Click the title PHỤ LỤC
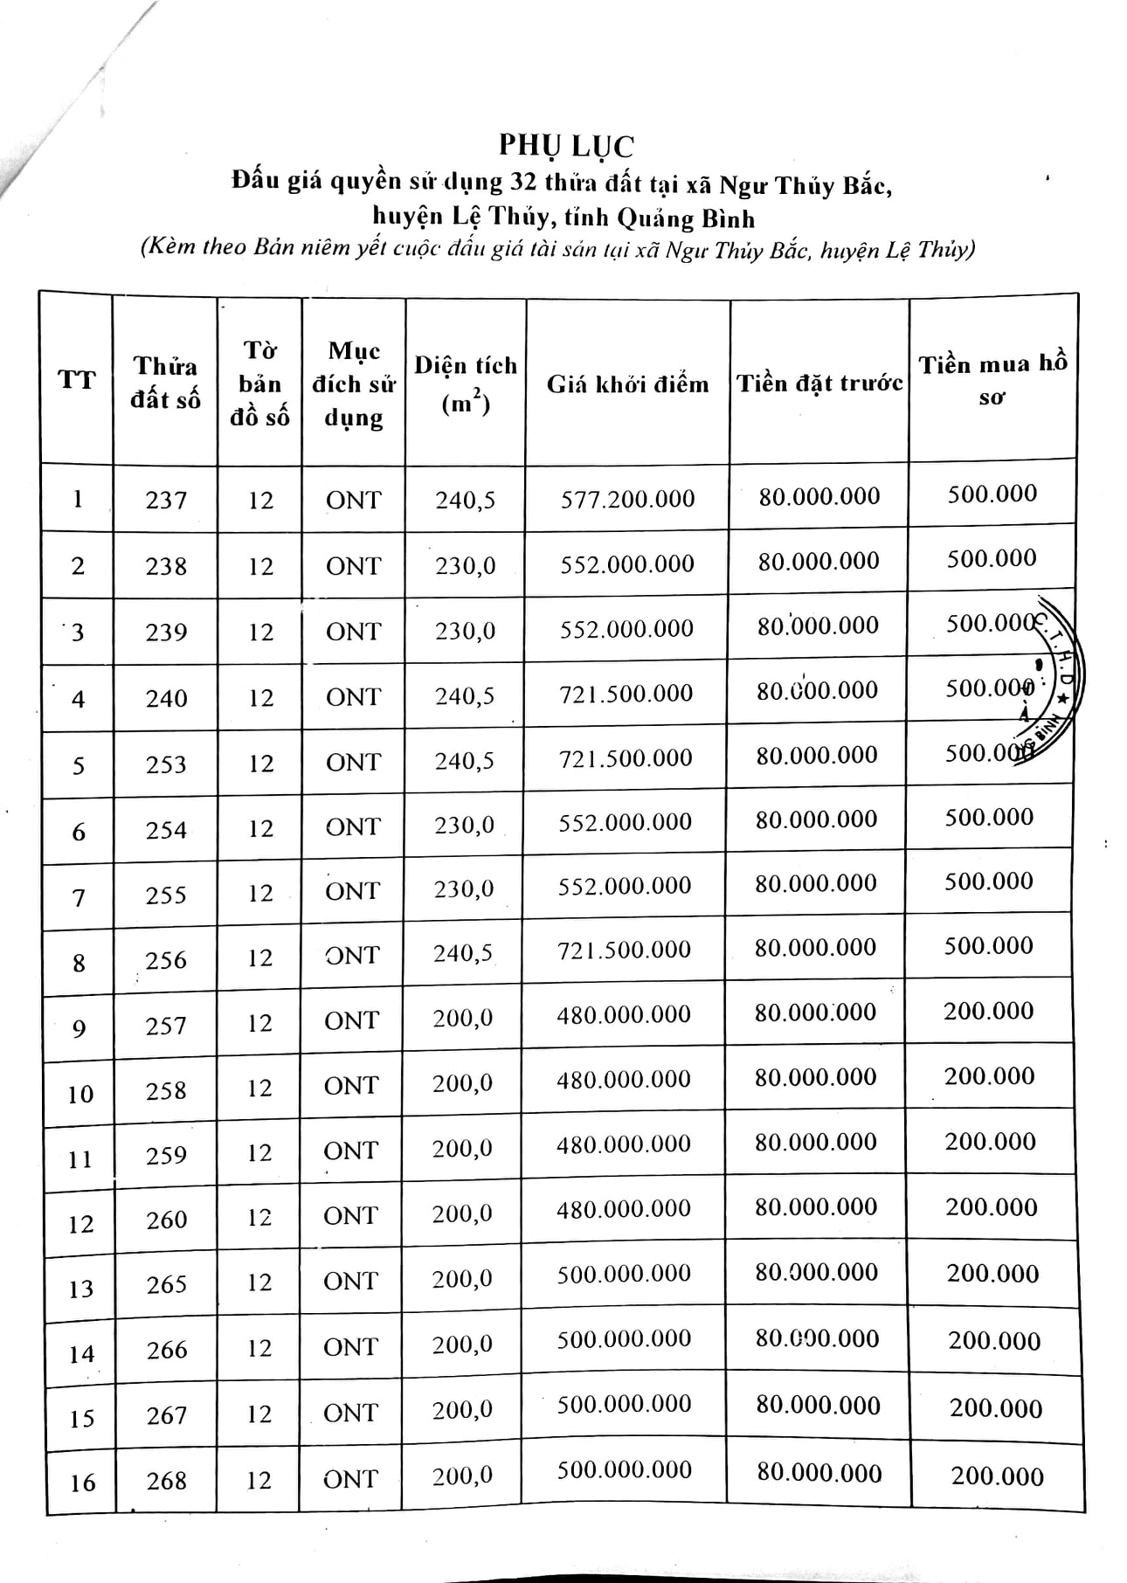(x=566, y=145)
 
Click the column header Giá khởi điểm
(x=627, y=384)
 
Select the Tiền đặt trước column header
(x=819, y=384)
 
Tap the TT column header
(x=77, y=379)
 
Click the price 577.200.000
(x=627, y=499)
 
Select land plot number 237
(x=166, y=501)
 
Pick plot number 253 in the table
(x=166, y=764)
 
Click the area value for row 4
(x=465, y=696)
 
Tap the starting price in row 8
(x=624, y=950)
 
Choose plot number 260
(x=166, y=1220)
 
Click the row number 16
(x=82, y=1483)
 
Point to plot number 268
(x=166, y=1481)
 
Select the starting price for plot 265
(x=624, y=1274)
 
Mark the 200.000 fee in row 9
(x=988, y=1011)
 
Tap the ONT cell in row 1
(x=354, y=501)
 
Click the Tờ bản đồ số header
(x=259, y=384)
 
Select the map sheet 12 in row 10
(x=259, y=1089)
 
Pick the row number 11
(x=80, y=1159)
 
